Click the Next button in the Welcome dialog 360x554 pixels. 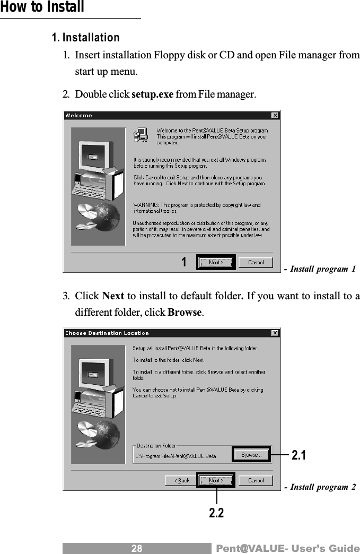215,262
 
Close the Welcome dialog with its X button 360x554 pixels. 275,115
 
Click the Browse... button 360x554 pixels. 251,455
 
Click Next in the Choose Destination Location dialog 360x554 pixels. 215,480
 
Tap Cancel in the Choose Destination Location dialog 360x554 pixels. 256,480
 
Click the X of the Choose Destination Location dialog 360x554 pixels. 275,333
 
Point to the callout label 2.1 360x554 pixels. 299,455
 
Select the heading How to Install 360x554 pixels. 42,7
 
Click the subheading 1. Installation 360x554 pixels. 85,38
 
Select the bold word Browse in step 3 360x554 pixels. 184,311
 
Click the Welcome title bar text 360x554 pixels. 78,115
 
